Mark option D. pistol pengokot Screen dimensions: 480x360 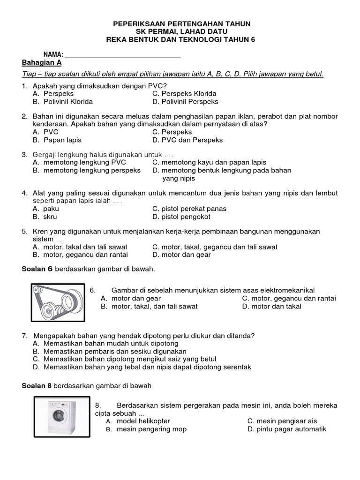point(181,217)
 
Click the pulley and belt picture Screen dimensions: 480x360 point(59,302)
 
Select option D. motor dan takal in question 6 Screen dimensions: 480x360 point(271,306)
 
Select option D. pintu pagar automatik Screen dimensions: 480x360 point(286,429)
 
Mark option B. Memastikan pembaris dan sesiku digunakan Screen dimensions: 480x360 point(110,351)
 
